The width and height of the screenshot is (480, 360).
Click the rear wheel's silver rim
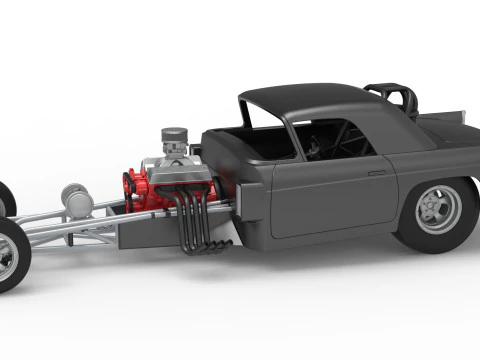point(438,210)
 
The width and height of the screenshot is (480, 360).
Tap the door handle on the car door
point(376,173)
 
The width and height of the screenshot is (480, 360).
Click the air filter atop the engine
point(175,137)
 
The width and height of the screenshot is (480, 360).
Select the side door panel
point(330,195)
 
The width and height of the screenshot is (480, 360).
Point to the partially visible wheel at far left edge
point(5,200)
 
